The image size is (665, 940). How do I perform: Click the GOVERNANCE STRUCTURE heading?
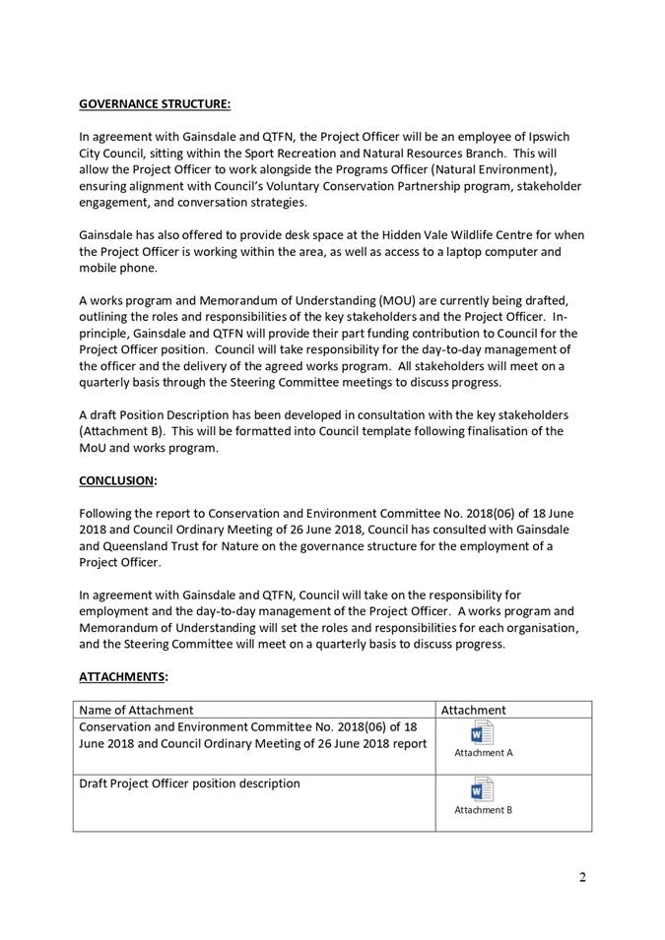click(x=155, y=102)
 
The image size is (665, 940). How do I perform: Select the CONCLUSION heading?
click(x=117, y=480)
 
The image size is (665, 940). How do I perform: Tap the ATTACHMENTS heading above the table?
click(x=123, y=676)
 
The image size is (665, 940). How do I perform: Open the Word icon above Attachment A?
click(x=482, y=734)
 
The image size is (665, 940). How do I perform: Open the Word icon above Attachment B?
click(x=482, y=790)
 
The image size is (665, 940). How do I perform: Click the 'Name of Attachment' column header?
click(x=137, y=710)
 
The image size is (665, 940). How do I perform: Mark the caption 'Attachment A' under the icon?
click(x=483, y=753)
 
